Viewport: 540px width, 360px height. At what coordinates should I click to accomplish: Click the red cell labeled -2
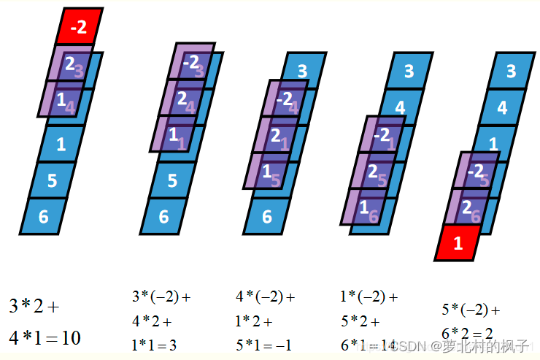click(x=80, y=27)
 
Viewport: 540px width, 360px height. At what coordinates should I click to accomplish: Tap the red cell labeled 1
click(x=458, y=243)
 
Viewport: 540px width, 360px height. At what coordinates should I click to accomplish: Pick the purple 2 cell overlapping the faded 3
click(x=69, y=64)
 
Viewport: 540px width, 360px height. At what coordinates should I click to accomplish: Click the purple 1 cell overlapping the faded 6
click(x=365, y=207)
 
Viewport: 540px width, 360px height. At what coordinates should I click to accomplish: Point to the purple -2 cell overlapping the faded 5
click(x=477, y=171)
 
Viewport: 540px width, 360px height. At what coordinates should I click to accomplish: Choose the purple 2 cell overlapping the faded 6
click(x=467, y=207)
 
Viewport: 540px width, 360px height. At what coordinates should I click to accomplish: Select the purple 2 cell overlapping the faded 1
click(x=277, y=135)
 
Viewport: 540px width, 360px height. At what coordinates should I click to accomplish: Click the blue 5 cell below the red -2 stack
click(x=53, y=180)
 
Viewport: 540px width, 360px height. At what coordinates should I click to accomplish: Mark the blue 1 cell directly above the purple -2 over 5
click(x=493, y=144)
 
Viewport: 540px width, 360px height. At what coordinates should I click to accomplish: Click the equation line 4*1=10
click(x=45, y=338)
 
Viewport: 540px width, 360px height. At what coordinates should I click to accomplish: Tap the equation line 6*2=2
click(x=467, y=334)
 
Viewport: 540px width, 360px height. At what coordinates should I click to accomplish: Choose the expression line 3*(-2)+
click(x=161, y=297)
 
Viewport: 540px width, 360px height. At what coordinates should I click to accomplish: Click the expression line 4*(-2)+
click(x=265, y=297)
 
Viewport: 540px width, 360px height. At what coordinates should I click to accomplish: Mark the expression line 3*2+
click(x=34, y=306)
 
